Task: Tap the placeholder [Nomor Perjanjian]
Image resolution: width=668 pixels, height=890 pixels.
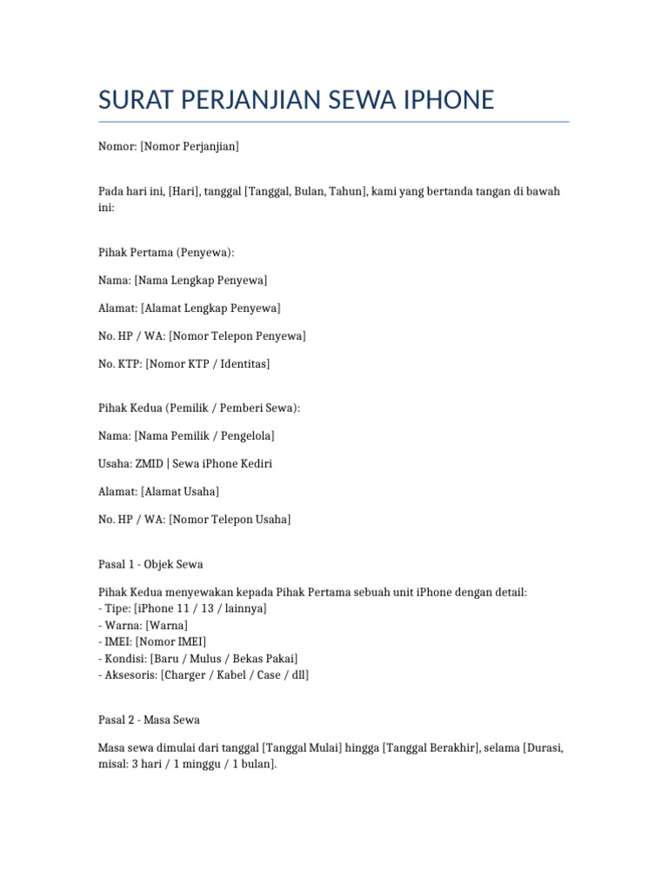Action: click(x=189, y=147)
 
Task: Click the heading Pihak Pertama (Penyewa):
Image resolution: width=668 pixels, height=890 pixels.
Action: click(x=166, y=252)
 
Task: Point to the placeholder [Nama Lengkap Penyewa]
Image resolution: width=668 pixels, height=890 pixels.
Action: click(x=201, y=280)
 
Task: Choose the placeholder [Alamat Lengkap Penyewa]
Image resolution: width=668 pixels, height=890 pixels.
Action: click(x=210, y=308)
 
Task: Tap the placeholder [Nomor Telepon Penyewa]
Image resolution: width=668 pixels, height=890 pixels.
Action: click(x=237, y=335)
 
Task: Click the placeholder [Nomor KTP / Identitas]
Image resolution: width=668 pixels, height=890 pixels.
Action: click(x=208, y=363)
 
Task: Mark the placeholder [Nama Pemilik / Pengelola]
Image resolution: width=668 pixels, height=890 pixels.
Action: click(x=204, y=435)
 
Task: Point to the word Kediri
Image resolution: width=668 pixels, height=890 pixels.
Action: click(x=252, y=463)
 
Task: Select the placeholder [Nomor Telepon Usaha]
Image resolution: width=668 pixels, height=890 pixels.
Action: click(x=230, y=519)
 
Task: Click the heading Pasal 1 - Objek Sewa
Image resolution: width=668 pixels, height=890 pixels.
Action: click(x=150, y=564)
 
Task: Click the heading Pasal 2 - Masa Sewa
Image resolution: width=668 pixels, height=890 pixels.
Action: click(x=149, y=720)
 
